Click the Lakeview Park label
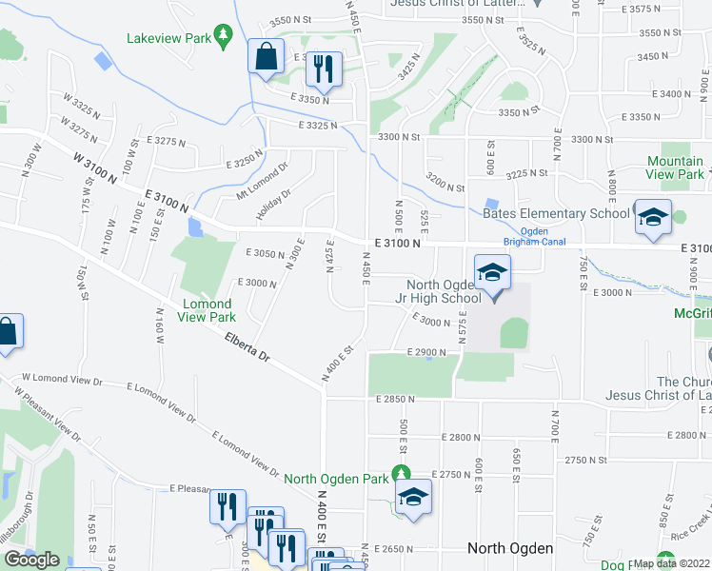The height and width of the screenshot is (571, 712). (168, 39)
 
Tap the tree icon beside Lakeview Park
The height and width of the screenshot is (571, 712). (224, 36)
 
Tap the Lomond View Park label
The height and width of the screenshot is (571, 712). (208, 310)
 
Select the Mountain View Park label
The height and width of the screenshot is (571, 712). (675, 167)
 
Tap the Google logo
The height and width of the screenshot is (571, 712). (31, 560)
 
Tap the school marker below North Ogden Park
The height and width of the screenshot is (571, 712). (414, 497)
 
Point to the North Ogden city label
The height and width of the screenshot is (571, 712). (510, 548)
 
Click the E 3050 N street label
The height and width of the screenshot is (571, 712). (266, 253)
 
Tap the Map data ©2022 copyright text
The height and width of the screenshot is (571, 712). (670, 563)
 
